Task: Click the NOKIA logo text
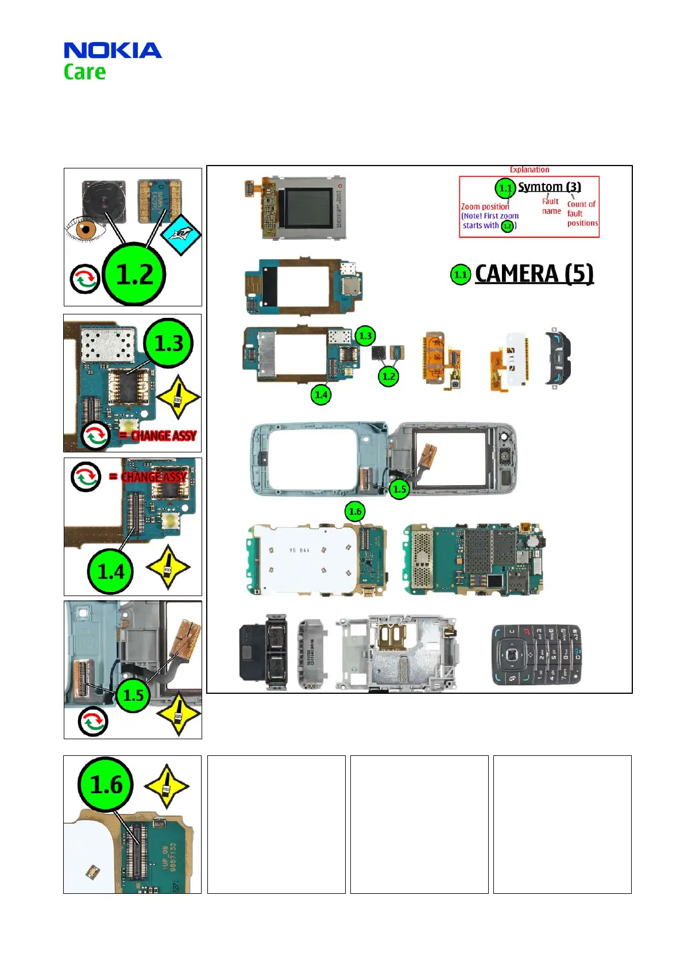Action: pyautogui.click(x=113, y=51)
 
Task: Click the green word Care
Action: pyautogui.click(x=84, y=72)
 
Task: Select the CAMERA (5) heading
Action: pyautogui.click(x=534, y=274)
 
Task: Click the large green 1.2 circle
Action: pyautogui.click(x=134, y=274)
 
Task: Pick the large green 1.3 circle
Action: pyautogui.click(x=169, y=343)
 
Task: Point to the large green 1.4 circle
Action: pyautogui.click(x=111, y=571)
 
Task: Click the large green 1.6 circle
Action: pyautogui.click(x=106, y=785)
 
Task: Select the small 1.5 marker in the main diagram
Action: pyautogui.click(x=399, y=489)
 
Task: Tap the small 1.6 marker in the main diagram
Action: pyautogui.click(x=355, y=511)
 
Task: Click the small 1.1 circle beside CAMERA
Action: pyautogui.click(x=461, y=275)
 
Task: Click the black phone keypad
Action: pyautogui.click(x=535, y=655)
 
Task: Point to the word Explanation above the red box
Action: pyautogui.click(x=529, y=170)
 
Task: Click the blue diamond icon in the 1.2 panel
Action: pyautogui.click(x=180, y=235)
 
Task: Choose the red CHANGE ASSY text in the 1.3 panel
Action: pyautogui.click(x=164, y=436)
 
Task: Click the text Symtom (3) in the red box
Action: pyautogui.click(x=549, y=187)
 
